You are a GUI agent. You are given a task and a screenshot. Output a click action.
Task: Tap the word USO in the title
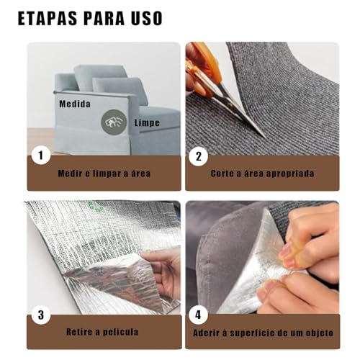point(147,18)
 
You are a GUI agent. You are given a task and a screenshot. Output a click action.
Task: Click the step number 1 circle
point(41,155)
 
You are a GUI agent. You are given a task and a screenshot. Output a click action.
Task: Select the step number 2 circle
point(198,156)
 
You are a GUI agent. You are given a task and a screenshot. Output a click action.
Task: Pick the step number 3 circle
point(41,315)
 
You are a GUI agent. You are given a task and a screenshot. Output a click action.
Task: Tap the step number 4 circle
point(198,315)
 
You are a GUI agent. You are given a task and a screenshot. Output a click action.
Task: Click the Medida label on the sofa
point(75,104)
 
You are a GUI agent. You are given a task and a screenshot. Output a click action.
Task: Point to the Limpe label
point(147,122)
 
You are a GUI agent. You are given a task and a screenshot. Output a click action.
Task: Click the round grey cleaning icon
point(114,122)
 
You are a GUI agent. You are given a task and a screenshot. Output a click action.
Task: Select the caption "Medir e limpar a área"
point(104,174)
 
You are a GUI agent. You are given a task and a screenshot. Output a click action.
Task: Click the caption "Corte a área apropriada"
point(262,174)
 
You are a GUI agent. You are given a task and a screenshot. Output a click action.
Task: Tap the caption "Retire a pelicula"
point(102,332)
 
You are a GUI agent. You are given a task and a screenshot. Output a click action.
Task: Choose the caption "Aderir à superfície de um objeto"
point(263,333)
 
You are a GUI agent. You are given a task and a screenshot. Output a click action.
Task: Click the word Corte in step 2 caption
point(222,174)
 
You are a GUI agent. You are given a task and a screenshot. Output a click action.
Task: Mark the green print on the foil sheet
point(94,206)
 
